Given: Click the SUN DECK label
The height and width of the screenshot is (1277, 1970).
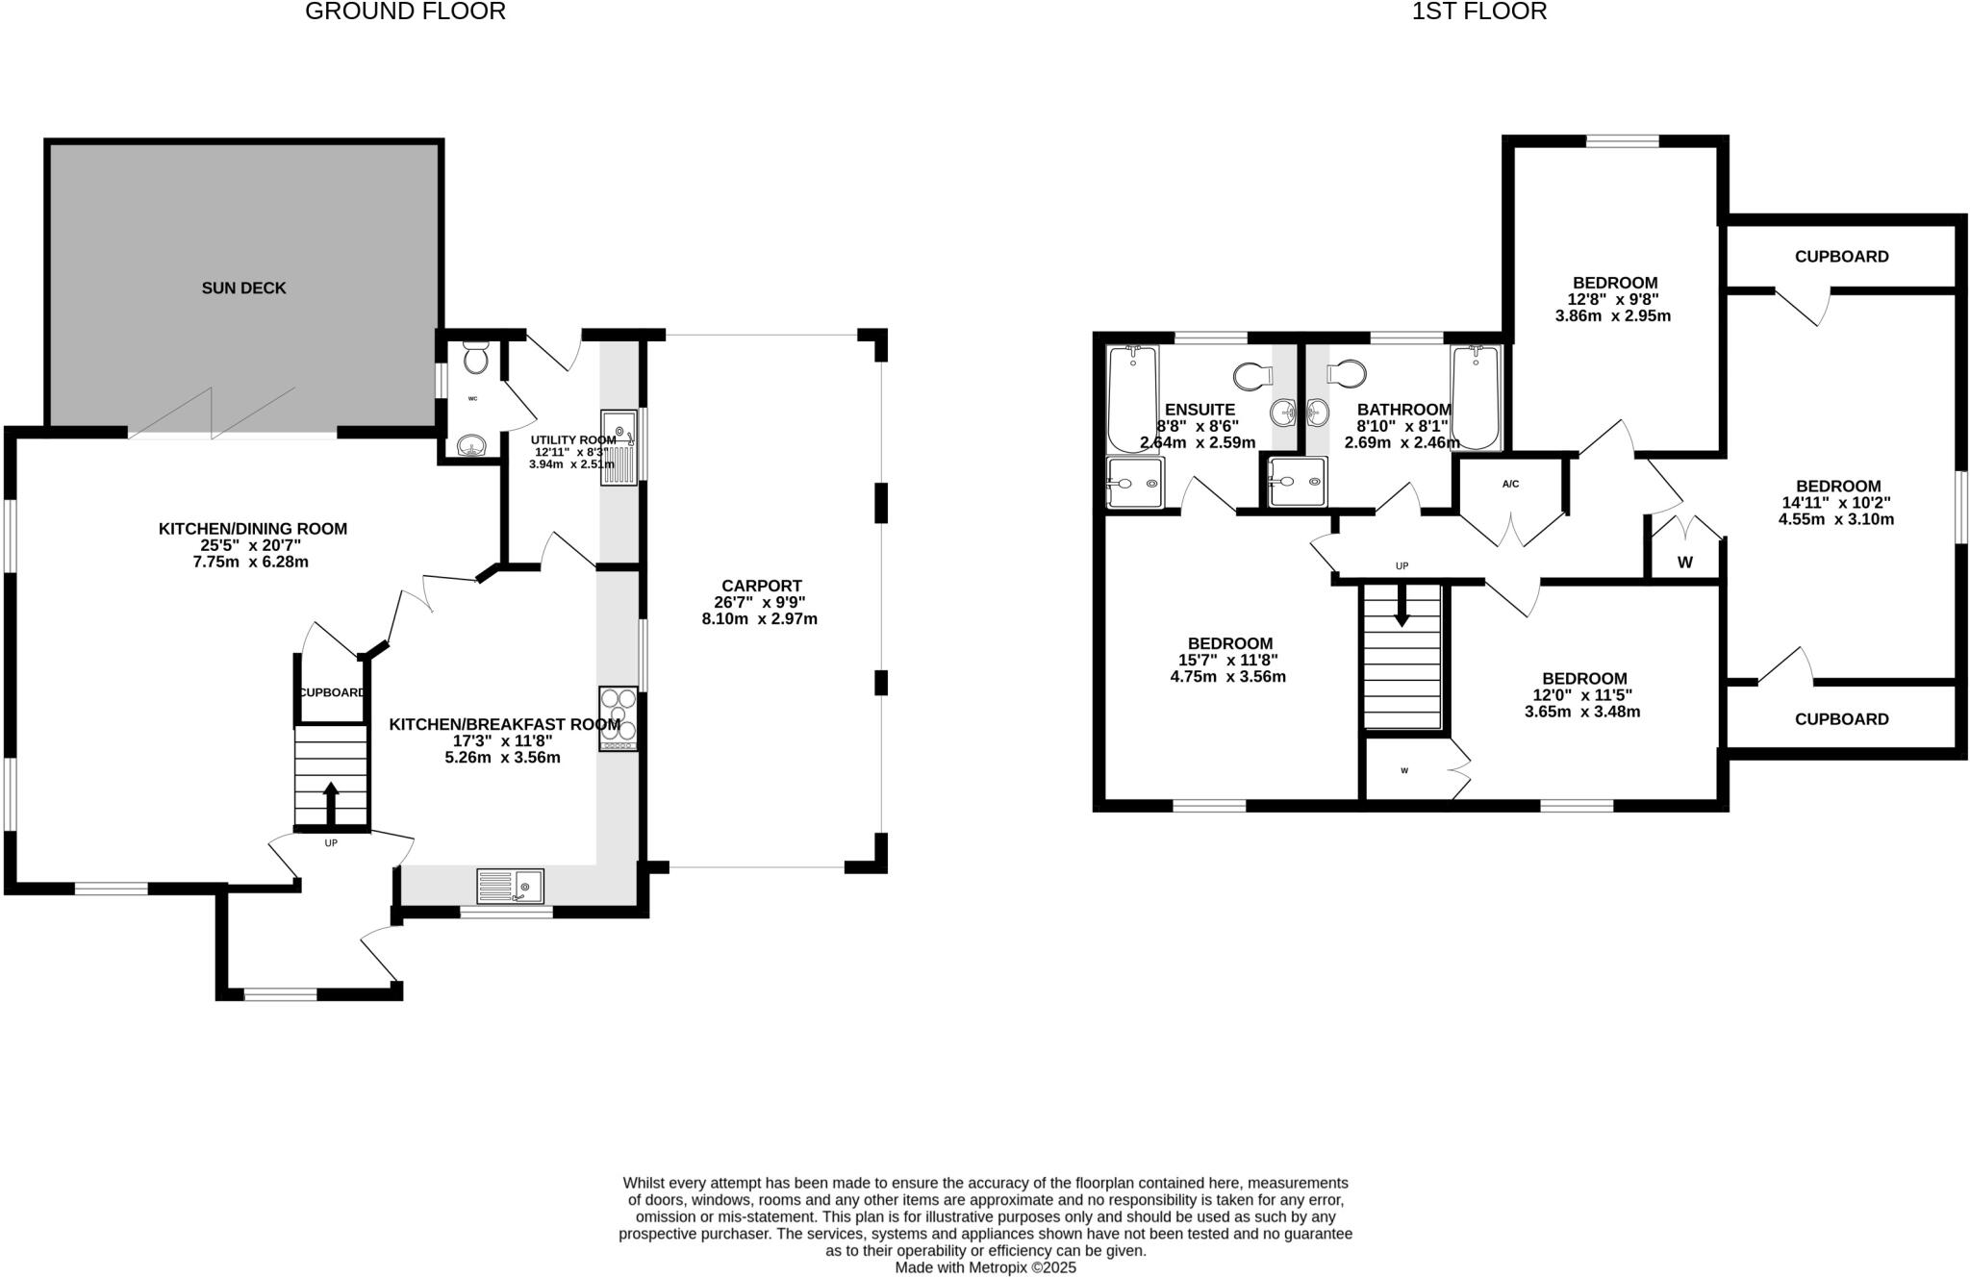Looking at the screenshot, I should click(x=243, y=288).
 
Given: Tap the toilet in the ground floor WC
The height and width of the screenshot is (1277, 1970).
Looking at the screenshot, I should click(x=475, y=360).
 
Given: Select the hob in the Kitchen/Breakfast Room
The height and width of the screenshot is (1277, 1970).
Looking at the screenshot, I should click(x=619, y=718).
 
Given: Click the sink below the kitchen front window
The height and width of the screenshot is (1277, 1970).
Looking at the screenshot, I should click(x=511, y=886).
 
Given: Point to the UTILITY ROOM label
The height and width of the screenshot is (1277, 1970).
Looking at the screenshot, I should click(x=573, y=440).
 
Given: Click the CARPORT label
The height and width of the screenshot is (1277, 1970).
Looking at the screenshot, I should click(x=761, y=586).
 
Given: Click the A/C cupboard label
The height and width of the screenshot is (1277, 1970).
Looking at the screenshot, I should click(x=1510, y=484).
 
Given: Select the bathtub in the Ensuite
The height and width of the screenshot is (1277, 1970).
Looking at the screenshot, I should click(x=1132, y=398).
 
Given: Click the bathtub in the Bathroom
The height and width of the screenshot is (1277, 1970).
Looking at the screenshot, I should click(x=1476, y=398).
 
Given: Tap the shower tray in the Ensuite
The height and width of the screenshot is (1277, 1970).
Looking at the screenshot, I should click(x=1134, y=482).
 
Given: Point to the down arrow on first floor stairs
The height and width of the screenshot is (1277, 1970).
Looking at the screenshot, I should click(x=1402, y=606).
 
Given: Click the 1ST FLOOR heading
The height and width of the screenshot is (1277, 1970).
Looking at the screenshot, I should click(x=1479, y=12).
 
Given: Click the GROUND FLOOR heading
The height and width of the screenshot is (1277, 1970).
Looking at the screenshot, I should click(x=405, y=12).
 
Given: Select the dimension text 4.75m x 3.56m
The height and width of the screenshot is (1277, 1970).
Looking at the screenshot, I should click(x=1227, y=676).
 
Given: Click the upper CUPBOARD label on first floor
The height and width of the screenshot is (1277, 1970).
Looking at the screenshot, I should click(x=1841, y=257).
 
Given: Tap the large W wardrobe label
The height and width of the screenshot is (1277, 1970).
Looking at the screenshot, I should click(x=1684, y=563).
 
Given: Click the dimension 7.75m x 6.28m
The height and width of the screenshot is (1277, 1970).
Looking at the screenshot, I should click(x=250, y=562).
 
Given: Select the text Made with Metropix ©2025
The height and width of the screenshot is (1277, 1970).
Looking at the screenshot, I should click(x=985, y=1267).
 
